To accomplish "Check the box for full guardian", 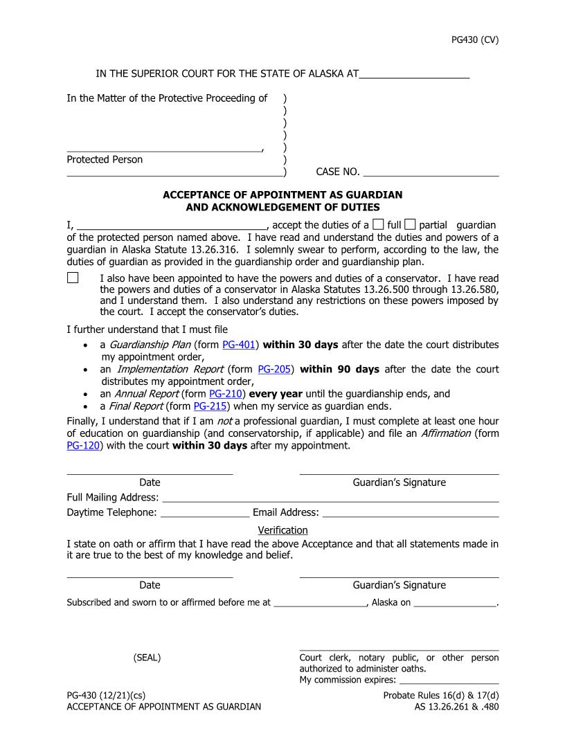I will point(378,224).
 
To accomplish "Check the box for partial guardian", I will point(410,224).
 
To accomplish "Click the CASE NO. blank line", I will point(431,172).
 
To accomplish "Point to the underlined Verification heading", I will point(282,530).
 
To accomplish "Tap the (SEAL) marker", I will point(147,658).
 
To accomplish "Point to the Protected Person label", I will point(105,160).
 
